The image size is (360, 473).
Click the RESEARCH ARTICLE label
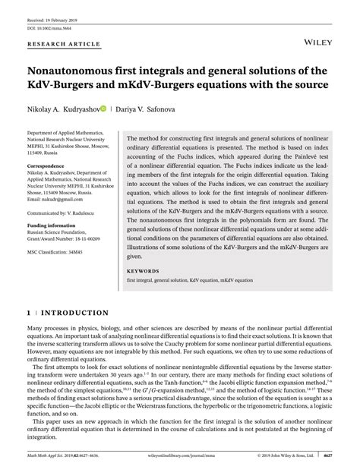[x=64, y=45]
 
